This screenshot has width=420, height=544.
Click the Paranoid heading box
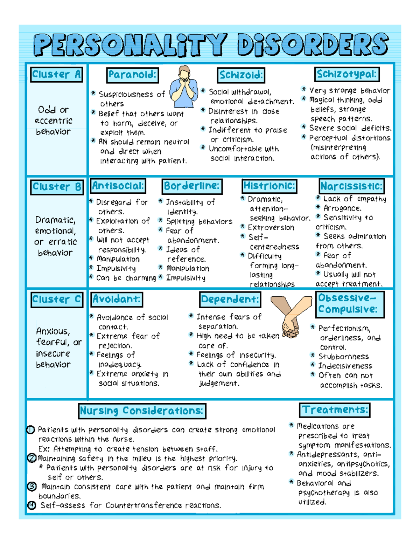tap(132, 75)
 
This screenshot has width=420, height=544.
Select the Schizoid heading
tap(241, 75)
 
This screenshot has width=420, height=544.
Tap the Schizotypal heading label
tap(346, 74)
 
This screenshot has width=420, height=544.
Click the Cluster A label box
tap(56, 75)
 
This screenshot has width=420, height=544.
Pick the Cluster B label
tap(57, 187)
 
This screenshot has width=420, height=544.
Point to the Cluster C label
tap(57, 299)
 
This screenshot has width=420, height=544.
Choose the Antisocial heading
tap(118, 186)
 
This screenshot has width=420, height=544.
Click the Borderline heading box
tap(192, 186)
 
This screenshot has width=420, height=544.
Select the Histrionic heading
tap(269, 186)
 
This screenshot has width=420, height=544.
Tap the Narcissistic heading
tap(351, 186)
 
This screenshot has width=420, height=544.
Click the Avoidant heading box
tap(117, 299)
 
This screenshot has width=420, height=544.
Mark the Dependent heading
tap(230, 299)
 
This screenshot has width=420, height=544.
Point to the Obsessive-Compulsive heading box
tap(350, 304)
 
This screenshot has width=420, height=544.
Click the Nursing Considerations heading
tap(142, 411)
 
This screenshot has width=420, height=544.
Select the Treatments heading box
tap(335, 410)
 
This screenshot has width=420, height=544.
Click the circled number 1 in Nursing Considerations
tap(31, 430)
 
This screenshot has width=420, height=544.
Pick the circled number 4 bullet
tap(31, 505)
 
